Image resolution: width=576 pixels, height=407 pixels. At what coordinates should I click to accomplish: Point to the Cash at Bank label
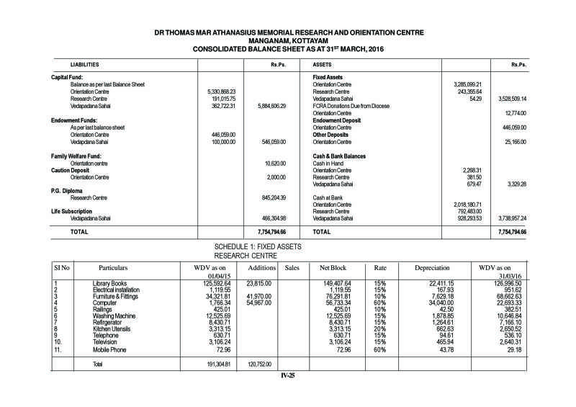[328, 197]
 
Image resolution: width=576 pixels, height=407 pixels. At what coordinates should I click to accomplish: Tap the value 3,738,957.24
[511, 218]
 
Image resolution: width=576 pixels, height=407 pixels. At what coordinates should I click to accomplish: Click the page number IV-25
[289, 375]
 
